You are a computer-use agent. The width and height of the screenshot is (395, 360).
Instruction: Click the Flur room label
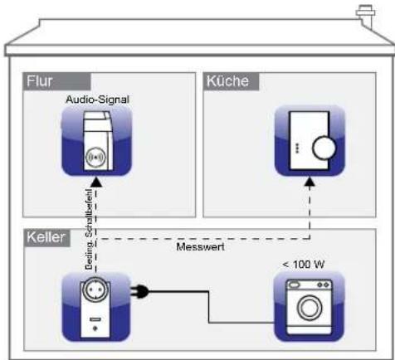(x=38, y=83)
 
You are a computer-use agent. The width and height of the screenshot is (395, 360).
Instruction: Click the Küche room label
(x=226, y=83)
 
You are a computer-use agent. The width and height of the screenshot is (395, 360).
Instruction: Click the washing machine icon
(x=309, y=304)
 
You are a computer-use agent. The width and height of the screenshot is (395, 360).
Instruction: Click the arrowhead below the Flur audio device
(x=96, y=180)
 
